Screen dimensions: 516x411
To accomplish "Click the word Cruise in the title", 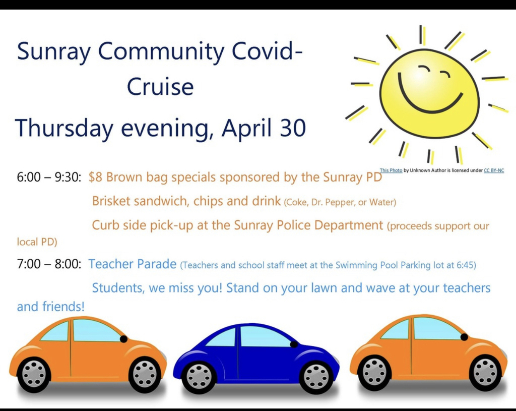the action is coord(160,87).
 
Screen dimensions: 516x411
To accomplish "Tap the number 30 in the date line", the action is coord(293,128).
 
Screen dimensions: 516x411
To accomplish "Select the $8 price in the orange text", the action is coord(95,177).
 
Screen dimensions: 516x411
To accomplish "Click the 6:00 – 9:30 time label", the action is coord(49,177).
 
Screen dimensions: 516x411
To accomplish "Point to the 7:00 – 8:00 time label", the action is coord(49,264).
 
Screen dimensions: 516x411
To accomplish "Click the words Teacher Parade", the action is coord(133,264).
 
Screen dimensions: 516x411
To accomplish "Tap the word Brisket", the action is coord(111,201).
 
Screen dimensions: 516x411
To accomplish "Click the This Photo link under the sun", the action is coord(391,170).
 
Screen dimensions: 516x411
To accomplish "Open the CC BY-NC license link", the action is coord(494,170).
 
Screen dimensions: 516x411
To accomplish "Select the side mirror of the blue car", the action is coord(294,344).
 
